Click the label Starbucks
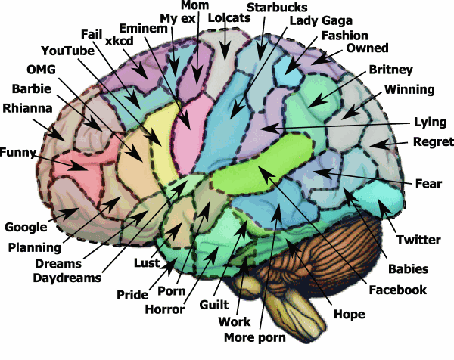pyautogui.click(x=277, y=8)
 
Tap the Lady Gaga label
pyautogui.click(x=321, y=21)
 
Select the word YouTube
pyautogui.click(x=68, y=51)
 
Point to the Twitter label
pyautogui.click(x=418, y=240)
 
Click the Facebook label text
pyautogui.click(x=397, y=290)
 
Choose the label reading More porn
pyautogui.click(x=255, y=337)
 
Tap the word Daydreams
pyautogui.click(x=67, y=278)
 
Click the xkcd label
pyautogui.click(x=119, y=41)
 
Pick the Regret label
pyautogui.click(x=434, y=141)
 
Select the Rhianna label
pyautogui.click(x=27, y=108)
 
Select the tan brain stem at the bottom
pyautogui.click(x=298, y=307)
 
